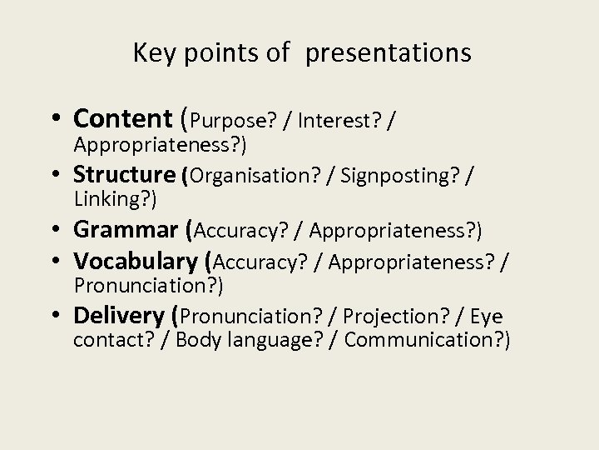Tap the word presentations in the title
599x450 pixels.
point(388,54)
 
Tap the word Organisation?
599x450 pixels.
point(255,176)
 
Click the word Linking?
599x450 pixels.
point(116,199)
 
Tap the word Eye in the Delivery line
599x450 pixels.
point(487,317)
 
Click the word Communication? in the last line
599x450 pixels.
point(427,340)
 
